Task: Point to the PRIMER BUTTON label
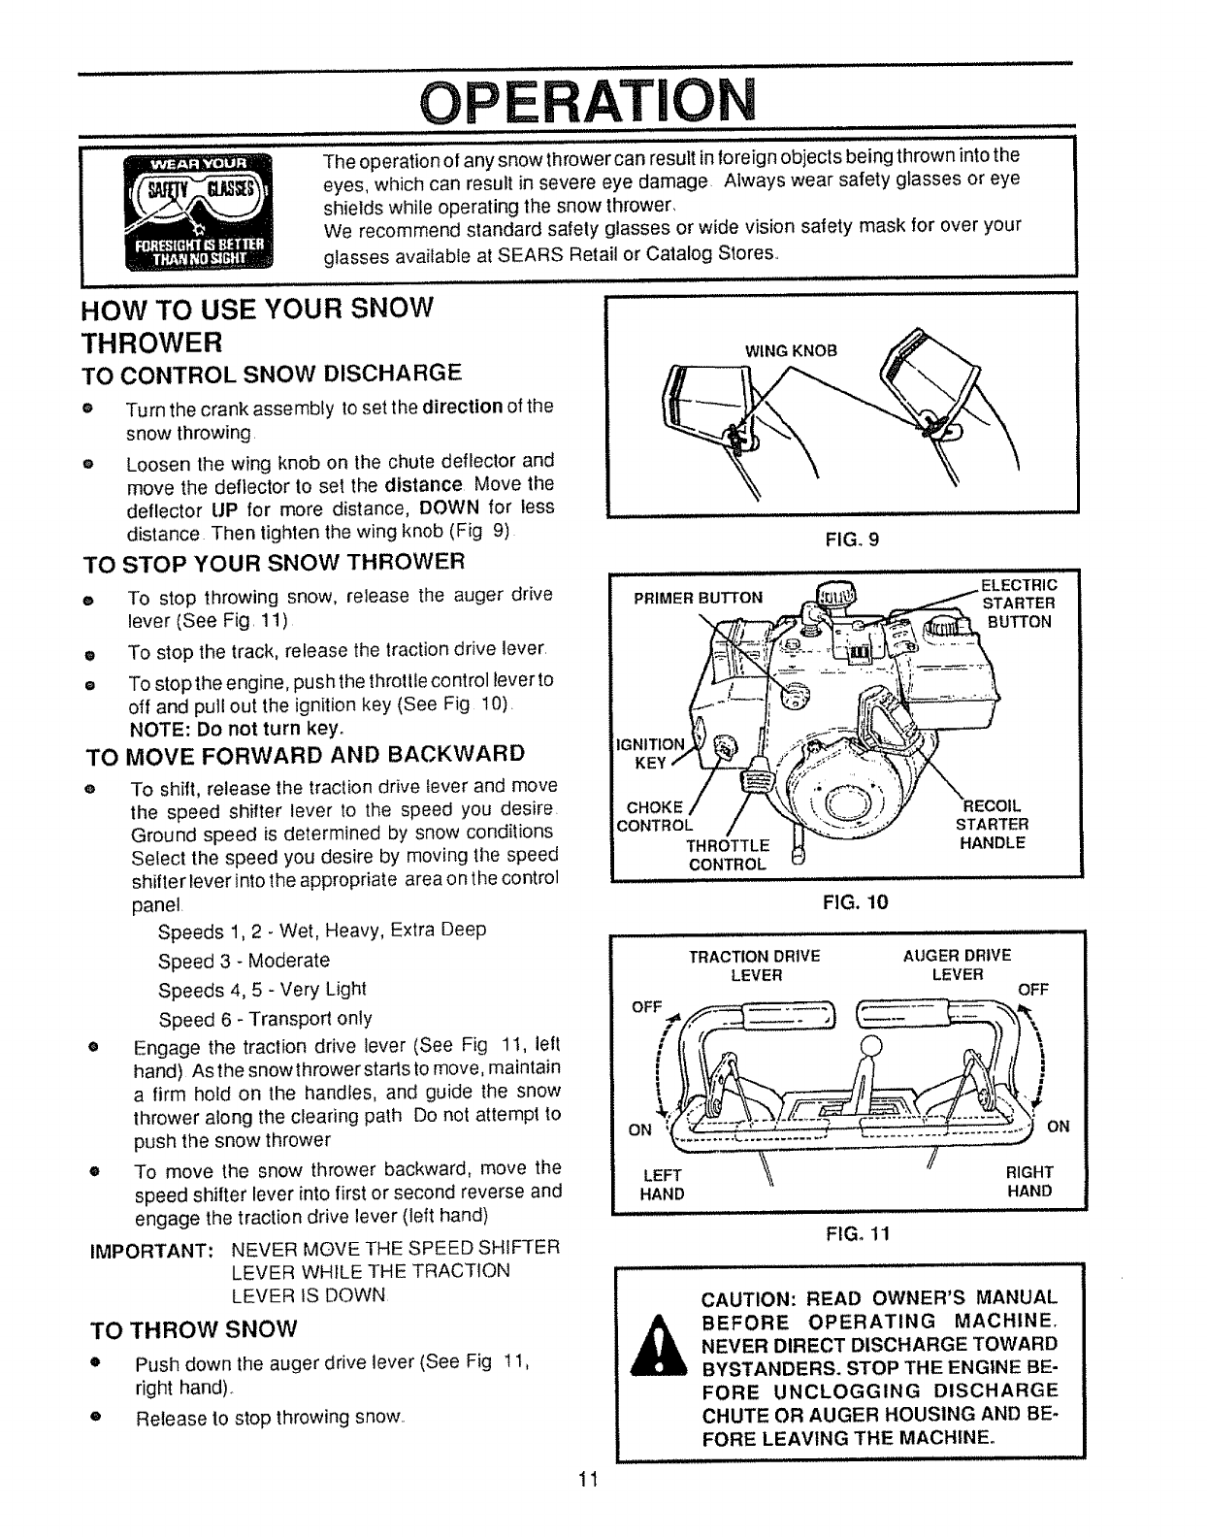click(x=698, y=598)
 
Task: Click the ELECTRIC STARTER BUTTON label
click(x=1018, y=604)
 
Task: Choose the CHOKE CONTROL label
click(x=655, y=816)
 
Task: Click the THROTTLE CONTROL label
click(x=728, y=854)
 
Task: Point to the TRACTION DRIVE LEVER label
click(x=754, y=965)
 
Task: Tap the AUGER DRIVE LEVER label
click(x=957, y=965)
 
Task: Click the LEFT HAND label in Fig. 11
click(x=662, y=1184)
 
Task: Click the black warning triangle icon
click(x=659, y=1345)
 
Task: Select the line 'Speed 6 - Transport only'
click(x=265, y=1019)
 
